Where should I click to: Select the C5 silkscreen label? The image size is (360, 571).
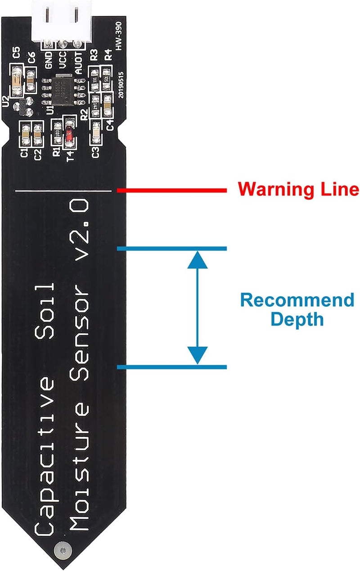[x=17, y=54]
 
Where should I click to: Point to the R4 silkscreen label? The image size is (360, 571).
[x=108, y=55]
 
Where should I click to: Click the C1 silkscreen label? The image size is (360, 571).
[x=25, y=153]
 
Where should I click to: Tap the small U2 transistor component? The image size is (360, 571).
[x=20, y=108]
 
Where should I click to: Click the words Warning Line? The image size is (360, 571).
[x=298, y=189]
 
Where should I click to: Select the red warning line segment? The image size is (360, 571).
[x=171, y=190]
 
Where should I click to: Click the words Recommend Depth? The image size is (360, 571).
[x=297, y=309]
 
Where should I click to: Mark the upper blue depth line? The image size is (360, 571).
[x=171, y=248]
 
